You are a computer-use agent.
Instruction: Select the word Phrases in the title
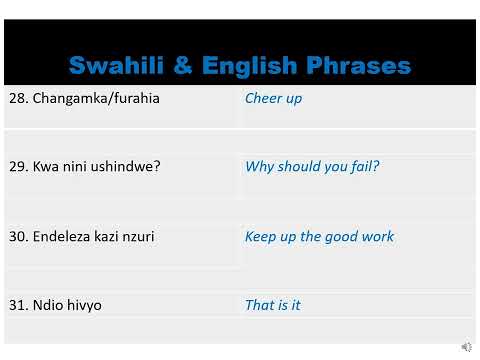360,66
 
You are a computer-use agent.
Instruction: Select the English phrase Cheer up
273,99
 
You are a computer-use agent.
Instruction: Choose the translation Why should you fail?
312,167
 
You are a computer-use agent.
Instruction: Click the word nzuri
136,237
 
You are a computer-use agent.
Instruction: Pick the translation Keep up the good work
319,237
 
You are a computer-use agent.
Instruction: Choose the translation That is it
272,305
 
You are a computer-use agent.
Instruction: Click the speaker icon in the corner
466,347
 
